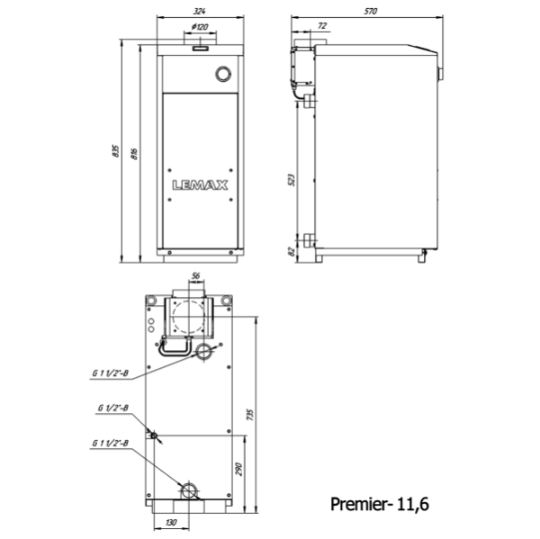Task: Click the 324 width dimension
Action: tap(199, 11)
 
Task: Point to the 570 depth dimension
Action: tap(370, 11)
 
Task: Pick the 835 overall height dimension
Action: tap(116, 151)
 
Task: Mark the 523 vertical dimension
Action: tap(292, 179)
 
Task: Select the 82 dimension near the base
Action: tap(292, 251)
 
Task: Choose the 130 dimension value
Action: tap(171, 522)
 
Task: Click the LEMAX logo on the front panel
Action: tap(199, 186)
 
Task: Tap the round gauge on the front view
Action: tap(221, 74)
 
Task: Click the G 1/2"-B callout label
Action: tap(113, 408)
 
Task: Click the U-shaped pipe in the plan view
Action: tap(174, 346)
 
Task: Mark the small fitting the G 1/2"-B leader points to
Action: tap(154, 436)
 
